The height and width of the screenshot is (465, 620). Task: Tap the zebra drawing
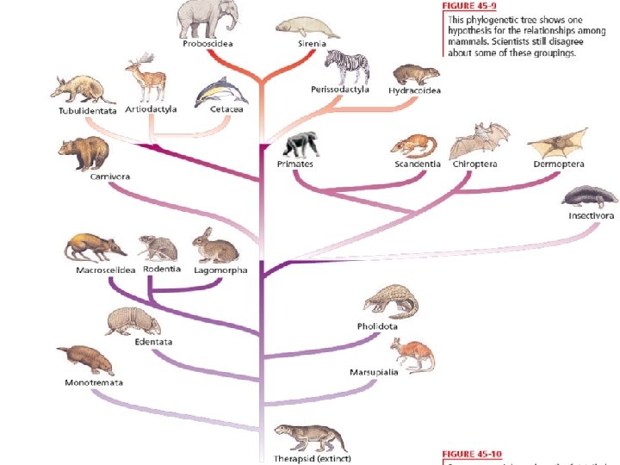tap(346, 67)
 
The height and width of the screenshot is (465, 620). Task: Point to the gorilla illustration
tap(299, 145)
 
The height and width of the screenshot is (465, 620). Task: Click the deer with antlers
tap(144, 80)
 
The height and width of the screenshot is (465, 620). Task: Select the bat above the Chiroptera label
tap(479, 140)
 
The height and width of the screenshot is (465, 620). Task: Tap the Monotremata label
tap(93, 382)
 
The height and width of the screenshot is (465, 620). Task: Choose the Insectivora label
tap(590, 216)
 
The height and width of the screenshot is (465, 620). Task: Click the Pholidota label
tap(377, 326)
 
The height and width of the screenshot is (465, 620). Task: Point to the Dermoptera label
tap(558, 164)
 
